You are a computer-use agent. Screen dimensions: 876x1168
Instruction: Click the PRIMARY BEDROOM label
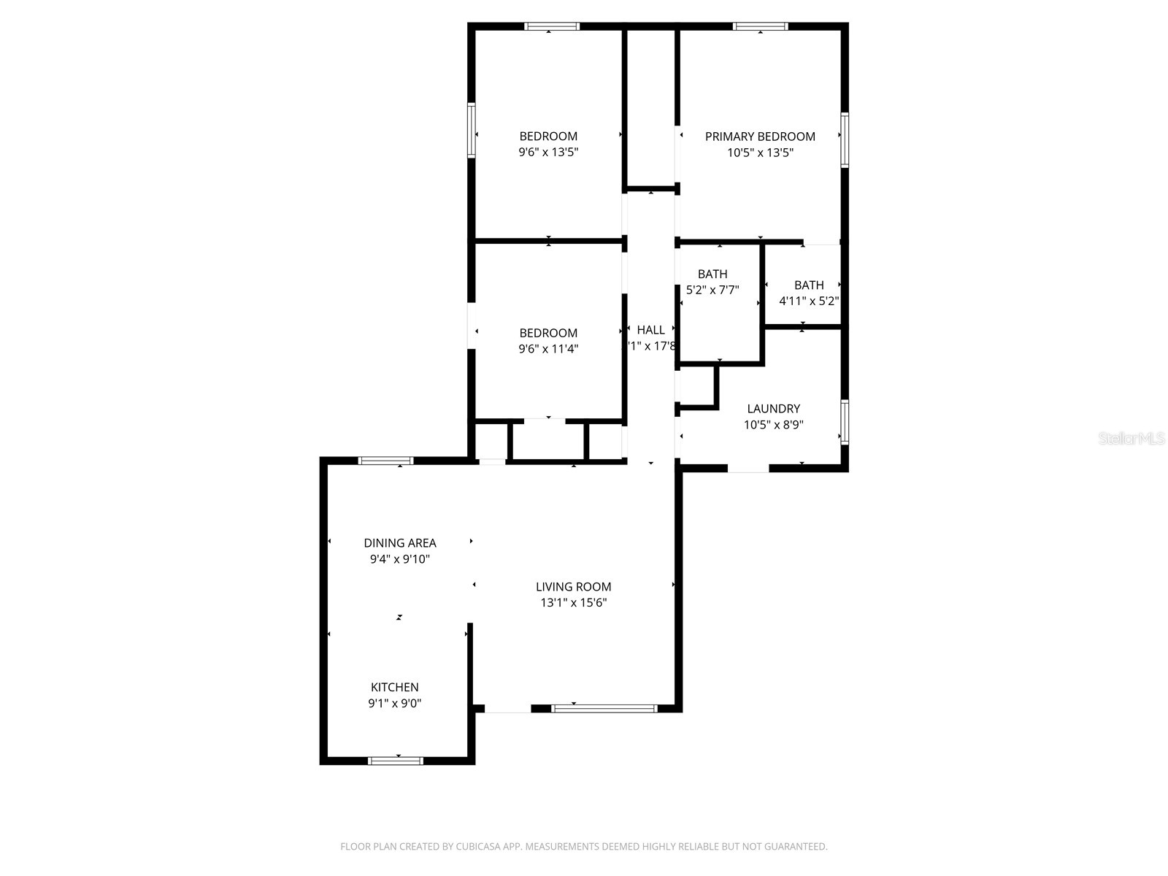coord(760,137)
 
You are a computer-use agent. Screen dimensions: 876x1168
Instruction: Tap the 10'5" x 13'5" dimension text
coord(760,153)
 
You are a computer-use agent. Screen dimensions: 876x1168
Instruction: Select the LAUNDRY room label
coord(773,409)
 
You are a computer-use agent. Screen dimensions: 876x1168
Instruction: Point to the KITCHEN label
coord(395,687)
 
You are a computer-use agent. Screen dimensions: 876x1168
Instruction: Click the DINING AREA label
coord(400,543)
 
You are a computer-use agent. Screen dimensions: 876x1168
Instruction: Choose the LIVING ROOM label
coord(574,587)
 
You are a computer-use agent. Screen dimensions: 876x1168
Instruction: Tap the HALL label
coord(650,330)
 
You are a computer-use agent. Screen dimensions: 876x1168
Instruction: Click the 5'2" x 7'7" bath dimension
coord(712,290)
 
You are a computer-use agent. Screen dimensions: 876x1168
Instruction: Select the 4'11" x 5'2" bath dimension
coord(809,301)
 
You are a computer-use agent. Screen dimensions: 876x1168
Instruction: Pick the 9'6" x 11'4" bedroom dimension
coord(548,349)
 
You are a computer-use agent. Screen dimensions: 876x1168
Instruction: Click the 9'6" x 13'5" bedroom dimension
coord(548,153)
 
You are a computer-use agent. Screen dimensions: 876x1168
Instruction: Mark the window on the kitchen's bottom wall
coord(396,761)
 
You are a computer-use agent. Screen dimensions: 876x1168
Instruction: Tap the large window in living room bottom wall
coord(604,708)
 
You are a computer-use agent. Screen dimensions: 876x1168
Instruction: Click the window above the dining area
coord(385,461)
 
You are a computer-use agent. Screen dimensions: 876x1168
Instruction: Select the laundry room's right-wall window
coord(845,422)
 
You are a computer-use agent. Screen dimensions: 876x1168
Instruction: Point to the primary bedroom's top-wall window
coord(761,27)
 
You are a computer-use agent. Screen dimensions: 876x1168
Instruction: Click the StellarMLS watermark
coord(1132,439)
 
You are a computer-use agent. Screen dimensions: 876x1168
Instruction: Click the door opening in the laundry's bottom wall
coord(748,468)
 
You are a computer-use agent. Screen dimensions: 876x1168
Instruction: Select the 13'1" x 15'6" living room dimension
coord(574,603)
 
